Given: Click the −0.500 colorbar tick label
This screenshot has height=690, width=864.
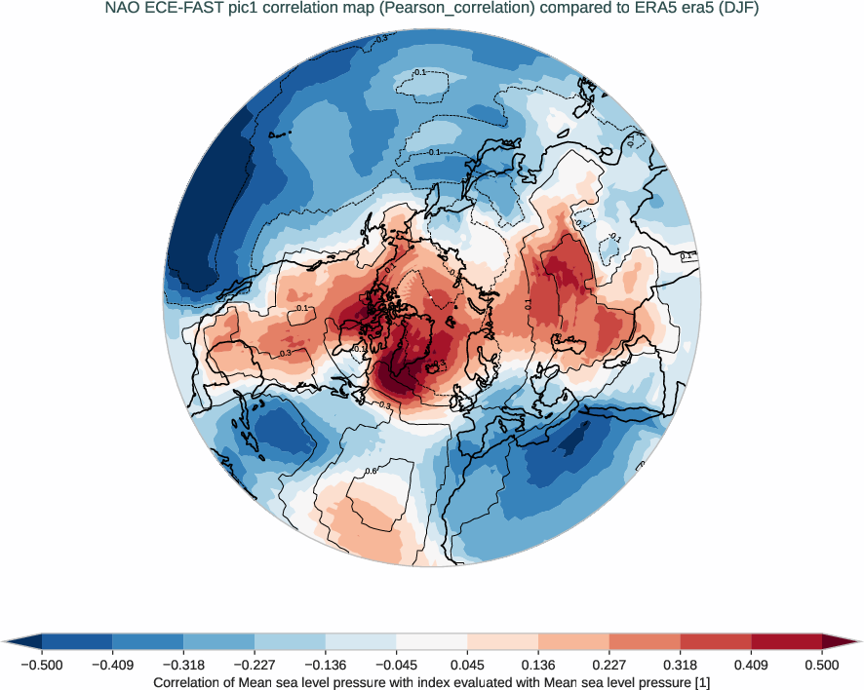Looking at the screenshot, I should tap(42, 665).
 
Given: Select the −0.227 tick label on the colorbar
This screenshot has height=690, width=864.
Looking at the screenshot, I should tap(255, 665).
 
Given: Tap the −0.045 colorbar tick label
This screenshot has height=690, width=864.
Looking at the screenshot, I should tap(396, 665).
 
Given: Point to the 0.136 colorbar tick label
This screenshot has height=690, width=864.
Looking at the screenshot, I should tap(538, 665).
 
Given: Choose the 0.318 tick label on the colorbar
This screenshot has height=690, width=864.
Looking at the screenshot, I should tap(681, 665).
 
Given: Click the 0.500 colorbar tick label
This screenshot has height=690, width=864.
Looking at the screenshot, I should tap(822, 665).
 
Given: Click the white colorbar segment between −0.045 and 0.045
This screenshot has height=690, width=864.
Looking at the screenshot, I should tap(432, 641).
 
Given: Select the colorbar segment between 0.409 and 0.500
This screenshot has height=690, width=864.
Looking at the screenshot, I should tap(786, 641).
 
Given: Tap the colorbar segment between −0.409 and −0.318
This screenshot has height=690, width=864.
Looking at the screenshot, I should tap(148, 641).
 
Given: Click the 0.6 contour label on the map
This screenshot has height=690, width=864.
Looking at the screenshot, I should tap(371, 471).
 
